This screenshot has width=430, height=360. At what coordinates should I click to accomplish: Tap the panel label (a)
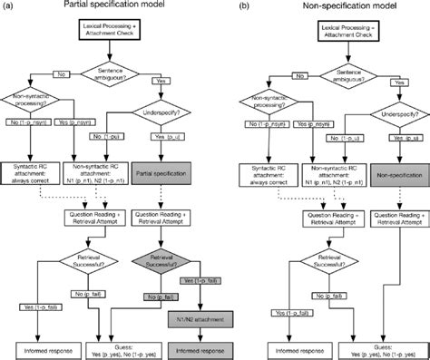8,6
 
